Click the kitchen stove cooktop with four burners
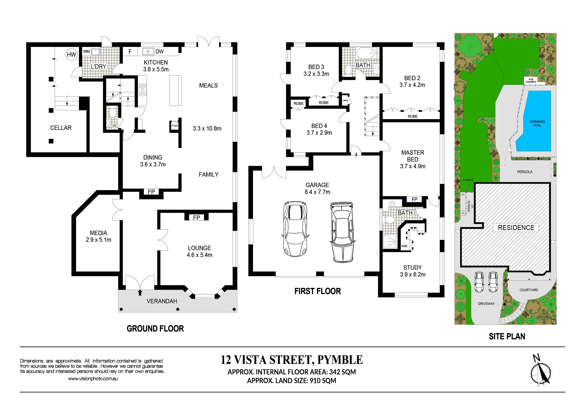click(x=142, y=90)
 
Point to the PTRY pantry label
click(x=175, y=126)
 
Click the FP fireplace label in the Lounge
click(x=196, y=218)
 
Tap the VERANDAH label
click(x=162, y=301)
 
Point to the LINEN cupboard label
click(x=345, y=101)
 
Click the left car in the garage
click(x=295, y=229)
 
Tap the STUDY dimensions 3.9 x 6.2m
click(x=413, y=274)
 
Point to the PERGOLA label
click(x=525, y=172)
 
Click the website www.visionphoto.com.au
click(x=93, y=379)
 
